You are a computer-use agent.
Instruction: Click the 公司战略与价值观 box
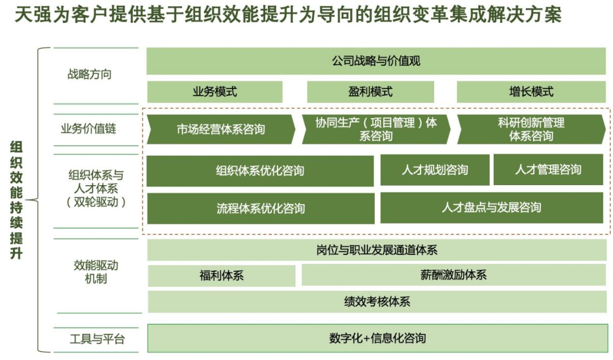(x=376, y=61)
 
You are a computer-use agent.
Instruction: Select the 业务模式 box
(x=215, y=92)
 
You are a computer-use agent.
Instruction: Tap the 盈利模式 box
(x=370, y=92)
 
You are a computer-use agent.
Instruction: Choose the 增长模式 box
(x=531, y=92)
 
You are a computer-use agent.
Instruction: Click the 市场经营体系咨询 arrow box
(x=221, y=129)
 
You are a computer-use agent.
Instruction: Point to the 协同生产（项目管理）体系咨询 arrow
(x=376, y=129)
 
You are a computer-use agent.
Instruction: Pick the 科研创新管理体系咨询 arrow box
(x=531, y=129)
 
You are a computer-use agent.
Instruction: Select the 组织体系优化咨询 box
(x=260, y=171)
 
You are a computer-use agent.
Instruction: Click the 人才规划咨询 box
(x=434, y=170)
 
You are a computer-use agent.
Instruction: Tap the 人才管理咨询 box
(x=548, y=170)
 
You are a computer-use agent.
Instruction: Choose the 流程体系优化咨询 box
(x=261, y=208)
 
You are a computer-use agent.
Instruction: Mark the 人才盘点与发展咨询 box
(x=492, y=208)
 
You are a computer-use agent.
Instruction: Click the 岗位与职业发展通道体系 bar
(x=376, y=250)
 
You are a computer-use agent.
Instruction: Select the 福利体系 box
(x=221, y=276)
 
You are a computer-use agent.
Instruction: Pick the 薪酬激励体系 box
(x=454, y=275)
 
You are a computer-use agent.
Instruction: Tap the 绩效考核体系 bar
(x=376, y=302)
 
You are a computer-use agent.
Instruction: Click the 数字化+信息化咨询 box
(x=376, y=338)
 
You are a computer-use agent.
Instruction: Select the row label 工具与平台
(x=97, y=340)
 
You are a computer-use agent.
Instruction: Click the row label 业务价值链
(x=88, y=129)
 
